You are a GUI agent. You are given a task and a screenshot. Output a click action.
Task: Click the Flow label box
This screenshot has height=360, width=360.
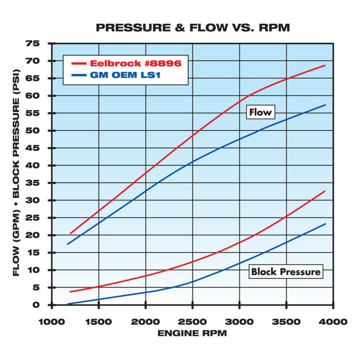(260, 112)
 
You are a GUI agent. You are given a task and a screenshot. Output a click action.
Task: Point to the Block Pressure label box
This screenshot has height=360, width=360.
(285, 272)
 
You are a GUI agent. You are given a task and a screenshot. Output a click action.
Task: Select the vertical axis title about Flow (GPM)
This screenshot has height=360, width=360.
(16, 174)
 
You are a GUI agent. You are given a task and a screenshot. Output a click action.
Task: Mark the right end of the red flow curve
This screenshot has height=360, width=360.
(326, 65)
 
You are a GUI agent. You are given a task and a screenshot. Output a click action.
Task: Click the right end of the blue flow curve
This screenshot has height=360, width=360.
(326, 105)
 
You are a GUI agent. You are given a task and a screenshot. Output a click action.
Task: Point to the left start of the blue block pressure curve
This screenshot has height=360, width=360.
(68, 304)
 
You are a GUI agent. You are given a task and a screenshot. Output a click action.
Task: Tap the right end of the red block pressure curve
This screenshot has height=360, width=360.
(326, 191)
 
